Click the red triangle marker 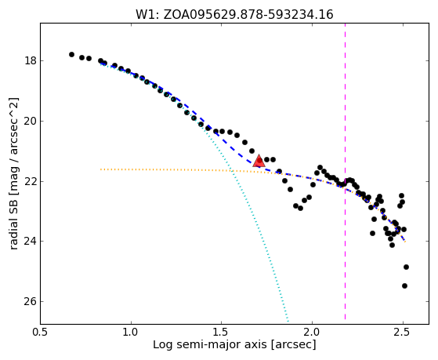pos(259,161)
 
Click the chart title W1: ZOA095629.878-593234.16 pos(234,14)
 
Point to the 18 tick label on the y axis pos(31,60)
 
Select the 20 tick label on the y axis pos(31,121)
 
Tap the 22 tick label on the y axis pos(31,181)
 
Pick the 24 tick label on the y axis pos(31,241)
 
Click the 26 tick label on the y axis pos(31,301)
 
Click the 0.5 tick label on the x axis pos(41,333)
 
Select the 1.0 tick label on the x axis pos(131,333)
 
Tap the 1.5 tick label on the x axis pos(221,333)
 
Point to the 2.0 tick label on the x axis pos(312,333)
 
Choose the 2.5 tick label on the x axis pos(403,333)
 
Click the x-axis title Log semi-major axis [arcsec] pos(234,345)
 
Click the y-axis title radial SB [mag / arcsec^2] pos(14,173)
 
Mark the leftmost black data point pos(71,55)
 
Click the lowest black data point pos(404,285)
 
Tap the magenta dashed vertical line pos(345,172)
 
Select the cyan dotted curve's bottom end pos(288,321)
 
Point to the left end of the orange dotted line pos(101,169)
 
